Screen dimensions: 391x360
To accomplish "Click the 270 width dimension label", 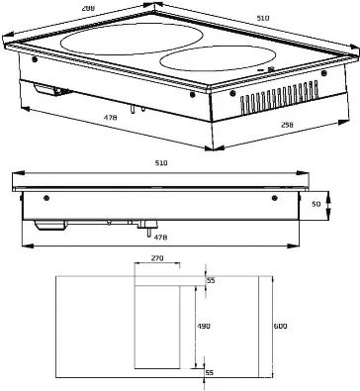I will [x=156, y=258].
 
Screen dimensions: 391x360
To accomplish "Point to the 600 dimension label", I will [x=280, y=324].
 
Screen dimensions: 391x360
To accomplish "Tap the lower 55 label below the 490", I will [x=210, y=370].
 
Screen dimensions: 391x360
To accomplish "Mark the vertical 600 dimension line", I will [x=269, y=324].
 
